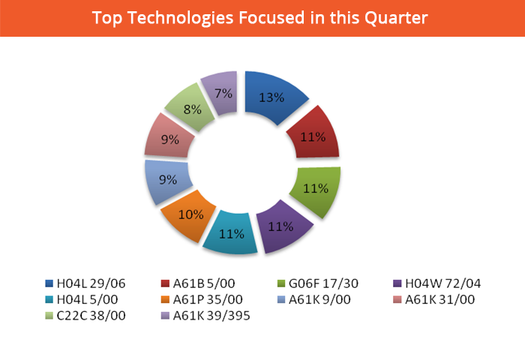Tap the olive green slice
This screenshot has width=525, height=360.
coord(316,189)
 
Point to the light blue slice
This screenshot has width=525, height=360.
coord(166,180)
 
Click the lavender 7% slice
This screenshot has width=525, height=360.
coord(223,92)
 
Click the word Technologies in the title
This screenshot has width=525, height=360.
coord(181,18)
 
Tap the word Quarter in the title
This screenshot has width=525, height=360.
coord(396,18)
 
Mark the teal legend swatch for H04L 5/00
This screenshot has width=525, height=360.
coord(49,299)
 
